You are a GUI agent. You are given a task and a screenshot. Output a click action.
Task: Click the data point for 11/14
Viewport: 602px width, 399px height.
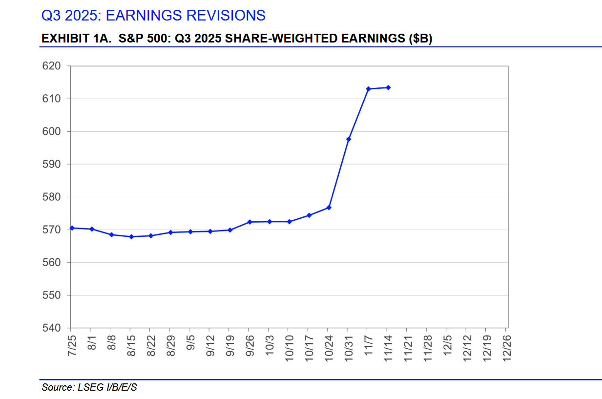click(x=388, y=87)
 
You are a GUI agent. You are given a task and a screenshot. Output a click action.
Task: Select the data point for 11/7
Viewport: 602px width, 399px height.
click(x=368, y=89)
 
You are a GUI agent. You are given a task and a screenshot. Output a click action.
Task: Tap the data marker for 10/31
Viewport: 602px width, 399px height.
click(x=349, y=139)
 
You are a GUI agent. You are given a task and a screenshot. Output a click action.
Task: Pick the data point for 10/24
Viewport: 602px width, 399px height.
click(x=329, y=208)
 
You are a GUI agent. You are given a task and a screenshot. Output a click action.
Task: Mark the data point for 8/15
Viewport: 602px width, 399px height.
click(x=131, y=237)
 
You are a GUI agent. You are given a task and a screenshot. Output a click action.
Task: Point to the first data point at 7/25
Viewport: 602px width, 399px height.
click(x=71, y=228)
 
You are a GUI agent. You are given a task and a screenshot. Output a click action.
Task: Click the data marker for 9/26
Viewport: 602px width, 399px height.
click(x=249, y=222)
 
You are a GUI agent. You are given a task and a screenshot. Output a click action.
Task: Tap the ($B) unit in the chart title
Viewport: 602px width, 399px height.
click(x=420, y=39)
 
